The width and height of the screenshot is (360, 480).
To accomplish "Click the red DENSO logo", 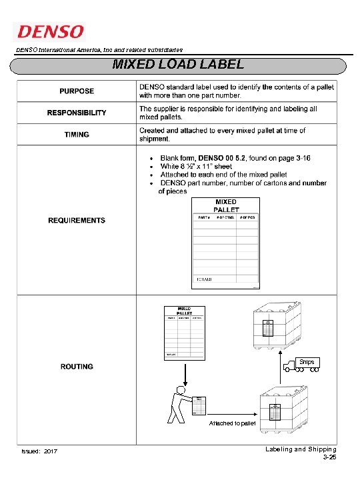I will point(50,31).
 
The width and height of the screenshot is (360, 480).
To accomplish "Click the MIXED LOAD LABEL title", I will point(178,65).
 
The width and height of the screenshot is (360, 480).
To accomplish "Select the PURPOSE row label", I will point(77,91).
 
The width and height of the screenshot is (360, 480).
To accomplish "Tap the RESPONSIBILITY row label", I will point(77,113).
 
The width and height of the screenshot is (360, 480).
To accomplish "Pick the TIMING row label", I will point(77,135).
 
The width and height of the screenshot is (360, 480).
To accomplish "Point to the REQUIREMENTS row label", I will point(77,220).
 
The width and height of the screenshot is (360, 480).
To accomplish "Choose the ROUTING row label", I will point(77,366).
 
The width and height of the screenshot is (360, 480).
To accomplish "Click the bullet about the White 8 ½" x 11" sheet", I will point(196,166).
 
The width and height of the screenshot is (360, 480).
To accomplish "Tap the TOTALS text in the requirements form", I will point(204,279).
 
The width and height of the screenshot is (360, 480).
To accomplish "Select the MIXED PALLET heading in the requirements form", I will point(225,205).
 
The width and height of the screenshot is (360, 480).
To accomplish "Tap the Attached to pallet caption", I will point(232,423).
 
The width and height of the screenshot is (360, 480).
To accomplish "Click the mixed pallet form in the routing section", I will point(183,332).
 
